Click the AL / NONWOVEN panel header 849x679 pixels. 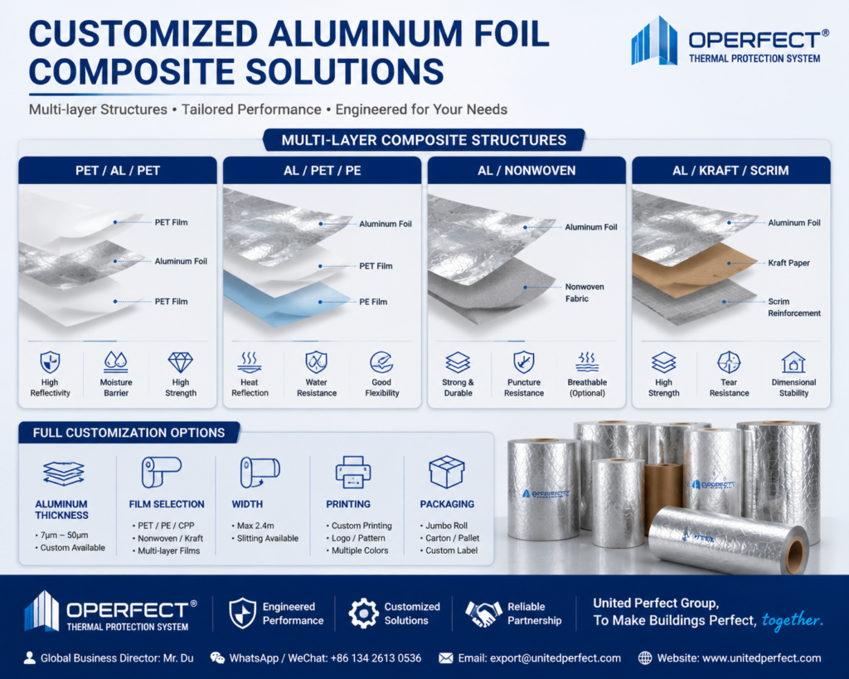526,171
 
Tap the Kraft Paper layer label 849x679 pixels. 789,263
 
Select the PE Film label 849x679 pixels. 373,302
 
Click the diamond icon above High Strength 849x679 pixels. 180,362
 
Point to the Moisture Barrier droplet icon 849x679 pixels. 116,362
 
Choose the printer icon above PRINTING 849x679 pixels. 353,473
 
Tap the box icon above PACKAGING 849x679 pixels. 447,472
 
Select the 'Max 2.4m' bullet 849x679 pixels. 255,526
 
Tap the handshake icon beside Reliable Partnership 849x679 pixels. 483,614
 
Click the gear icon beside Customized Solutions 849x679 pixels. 363,614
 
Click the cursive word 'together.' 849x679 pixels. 793,620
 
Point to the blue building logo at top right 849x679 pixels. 654,41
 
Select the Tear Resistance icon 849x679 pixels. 729,362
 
